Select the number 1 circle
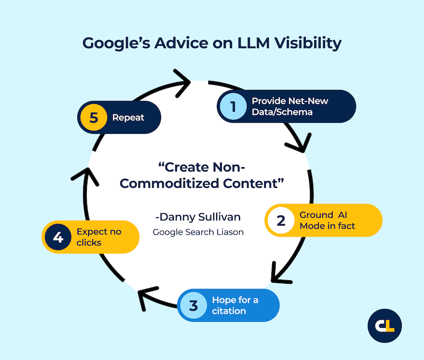[231, 106]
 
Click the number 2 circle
[281, 220]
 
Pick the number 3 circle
[193, 305]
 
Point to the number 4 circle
[58, 237]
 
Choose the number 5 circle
[93, 117]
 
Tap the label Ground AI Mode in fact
[327, 220]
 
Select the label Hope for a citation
[235, 305]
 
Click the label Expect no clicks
[99, 237]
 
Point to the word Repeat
[128, 118]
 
